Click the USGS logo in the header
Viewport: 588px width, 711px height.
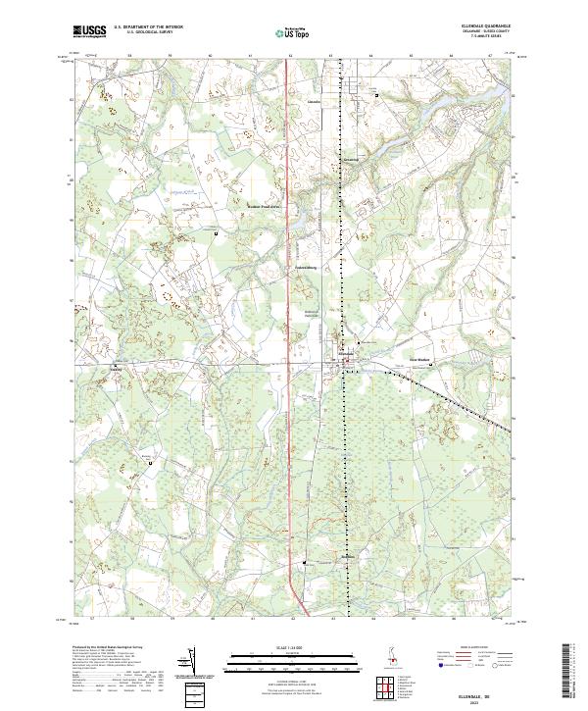pos(89,31)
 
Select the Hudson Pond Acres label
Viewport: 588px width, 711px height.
pos(265,207)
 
